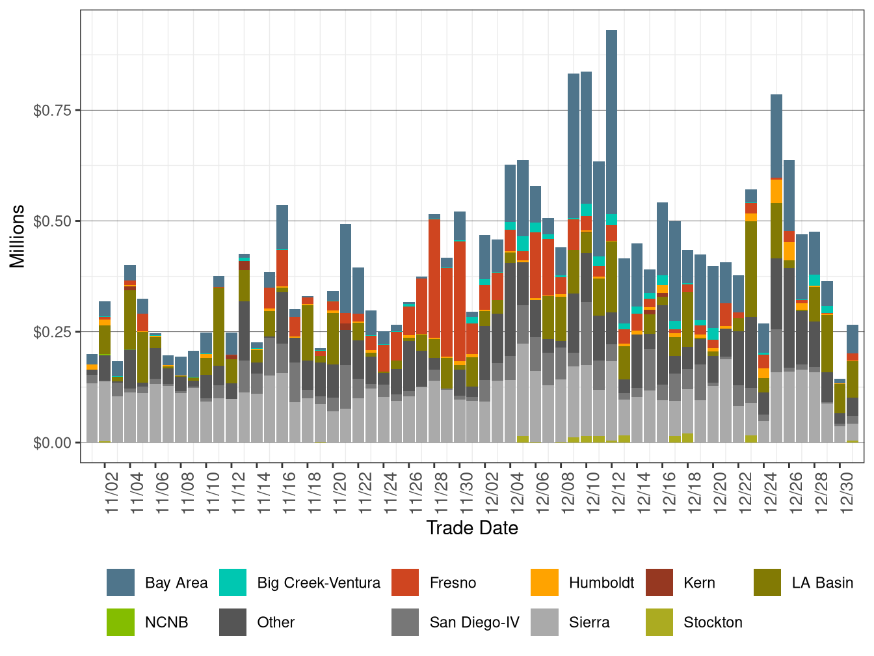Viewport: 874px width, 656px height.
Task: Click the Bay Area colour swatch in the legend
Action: [120, 582]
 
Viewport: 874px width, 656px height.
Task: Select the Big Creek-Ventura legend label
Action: [319, 582]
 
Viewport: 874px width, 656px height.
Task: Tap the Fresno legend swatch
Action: [405, 582]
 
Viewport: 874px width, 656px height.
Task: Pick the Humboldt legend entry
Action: [601, 582]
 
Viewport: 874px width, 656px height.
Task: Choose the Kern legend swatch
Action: [659, 582]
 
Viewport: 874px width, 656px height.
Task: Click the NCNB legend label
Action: [166, 622]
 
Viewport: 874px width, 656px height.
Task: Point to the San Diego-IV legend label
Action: [474, 622]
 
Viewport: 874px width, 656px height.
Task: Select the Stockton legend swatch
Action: [659, 622]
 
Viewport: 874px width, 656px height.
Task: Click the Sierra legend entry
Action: [589, 622]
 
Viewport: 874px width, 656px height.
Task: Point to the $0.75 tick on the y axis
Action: [52, 111]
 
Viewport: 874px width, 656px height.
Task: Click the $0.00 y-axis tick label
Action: [52, 443]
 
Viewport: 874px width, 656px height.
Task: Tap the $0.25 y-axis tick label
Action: [52, 333]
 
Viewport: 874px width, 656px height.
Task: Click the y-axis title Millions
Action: [18, 236]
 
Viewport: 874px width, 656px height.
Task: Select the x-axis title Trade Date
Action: [472, 528]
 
